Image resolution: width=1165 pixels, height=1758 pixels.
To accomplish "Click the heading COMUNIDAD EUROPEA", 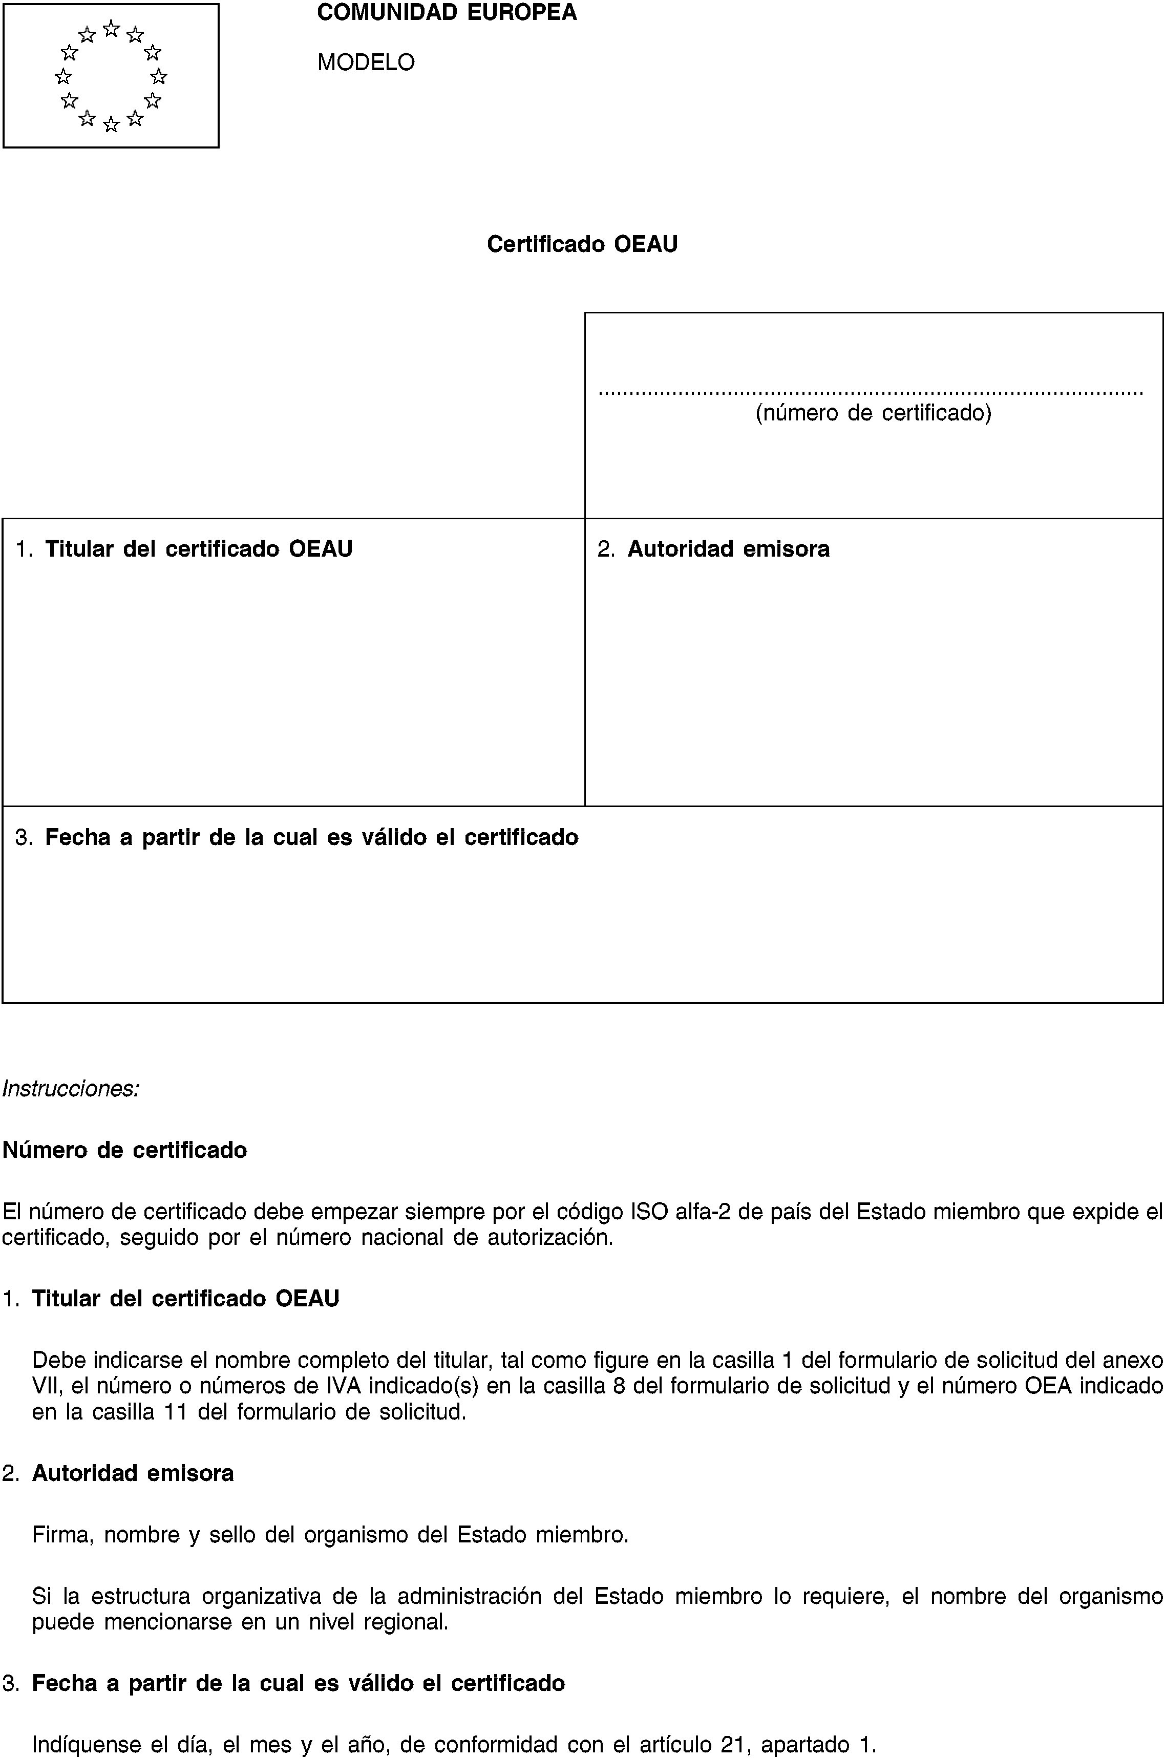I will click(447, 13).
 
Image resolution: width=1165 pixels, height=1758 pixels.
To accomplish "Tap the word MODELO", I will click(366, 61).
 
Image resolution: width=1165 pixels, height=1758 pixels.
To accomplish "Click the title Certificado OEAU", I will click(582, 244).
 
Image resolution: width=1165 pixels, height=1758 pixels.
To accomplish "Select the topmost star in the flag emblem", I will click(112, 28).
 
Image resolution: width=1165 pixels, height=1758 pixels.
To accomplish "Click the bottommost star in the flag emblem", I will click(112, 125).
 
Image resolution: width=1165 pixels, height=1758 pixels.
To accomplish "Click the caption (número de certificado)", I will click(873, 412).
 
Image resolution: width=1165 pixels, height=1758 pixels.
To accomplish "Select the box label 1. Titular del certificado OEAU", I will click(184, 549).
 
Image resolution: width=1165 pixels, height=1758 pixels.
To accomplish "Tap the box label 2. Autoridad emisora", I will click(714, 549).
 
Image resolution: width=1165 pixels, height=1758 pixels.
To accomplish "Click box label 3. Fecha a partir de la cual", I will click(297, 837).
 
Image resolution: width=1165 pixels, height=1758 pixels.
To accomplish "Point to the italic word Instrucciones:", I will click(71, 1089).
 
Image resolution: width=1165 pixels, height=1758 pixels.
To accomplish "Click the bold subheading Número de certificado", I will click(125, 1150).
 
